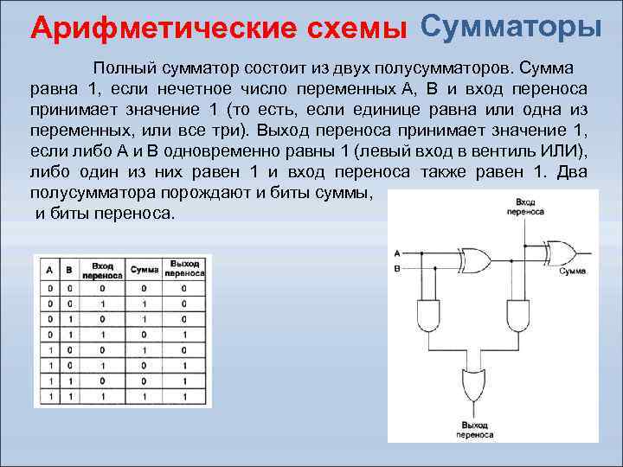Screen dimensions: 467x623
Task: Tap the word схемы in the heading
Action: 364,29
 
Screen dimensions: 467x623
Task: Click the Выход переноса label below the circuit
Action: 474,431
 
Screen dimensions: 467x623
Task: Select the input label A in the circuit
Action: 395,253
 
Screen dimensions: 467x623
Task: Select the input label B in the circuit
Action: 395,268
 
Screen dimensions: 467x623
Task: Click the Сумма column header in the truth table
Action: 145,270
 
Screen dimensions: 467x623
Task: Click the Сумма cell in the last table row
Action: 145,396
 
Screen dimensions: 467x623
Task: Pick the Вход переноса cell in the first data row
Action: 102,288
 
